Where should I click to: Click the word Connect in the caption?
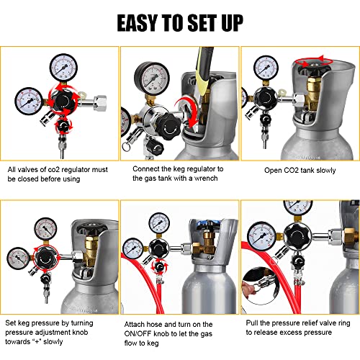point(147,168)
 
